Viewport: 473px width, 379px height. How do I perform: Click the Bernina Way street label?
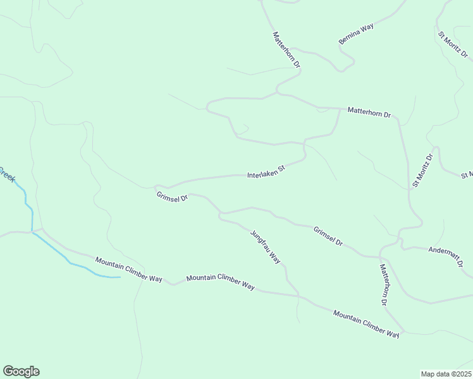click(356, 33)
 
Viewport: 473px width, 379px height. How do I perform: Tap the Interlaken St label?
click(266, 171)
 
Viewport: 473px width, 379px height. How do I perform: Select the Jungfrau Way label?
click(265, 246)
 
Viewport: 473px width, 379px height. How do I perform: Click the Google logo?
click(21, 371)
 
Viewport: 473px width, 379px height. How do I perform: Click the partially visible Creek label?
click(6, 174)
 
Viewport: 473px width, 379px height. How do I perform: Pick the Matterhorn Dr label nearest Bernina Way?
click(286, 50)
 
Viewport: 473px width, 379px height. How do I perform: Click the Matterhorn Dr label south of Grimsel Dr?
click(383, 285)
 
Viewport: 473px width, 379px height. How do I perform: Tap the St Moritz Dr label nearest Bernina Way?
click(453, 45)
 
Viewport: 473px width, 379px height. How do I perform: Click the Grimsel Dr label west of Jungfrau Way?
click(172, 197)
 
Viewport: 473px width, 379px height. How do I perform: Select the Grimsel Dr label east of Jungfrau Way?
click(328, 236)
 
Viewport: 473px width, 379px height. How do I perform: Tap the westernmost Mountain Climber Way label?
click(129, 269)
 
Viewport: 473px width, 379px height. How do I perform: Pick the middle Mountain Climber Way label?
click(220, 282)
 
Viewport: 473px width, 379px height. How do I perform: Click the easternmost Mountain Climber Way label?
click(366, 323)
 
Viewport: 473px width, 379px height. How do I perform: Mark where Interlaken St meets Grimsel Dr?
click(156, 187)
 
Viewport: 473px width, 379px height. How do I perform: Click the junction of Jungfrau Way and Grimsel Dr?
click(220, 214)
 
